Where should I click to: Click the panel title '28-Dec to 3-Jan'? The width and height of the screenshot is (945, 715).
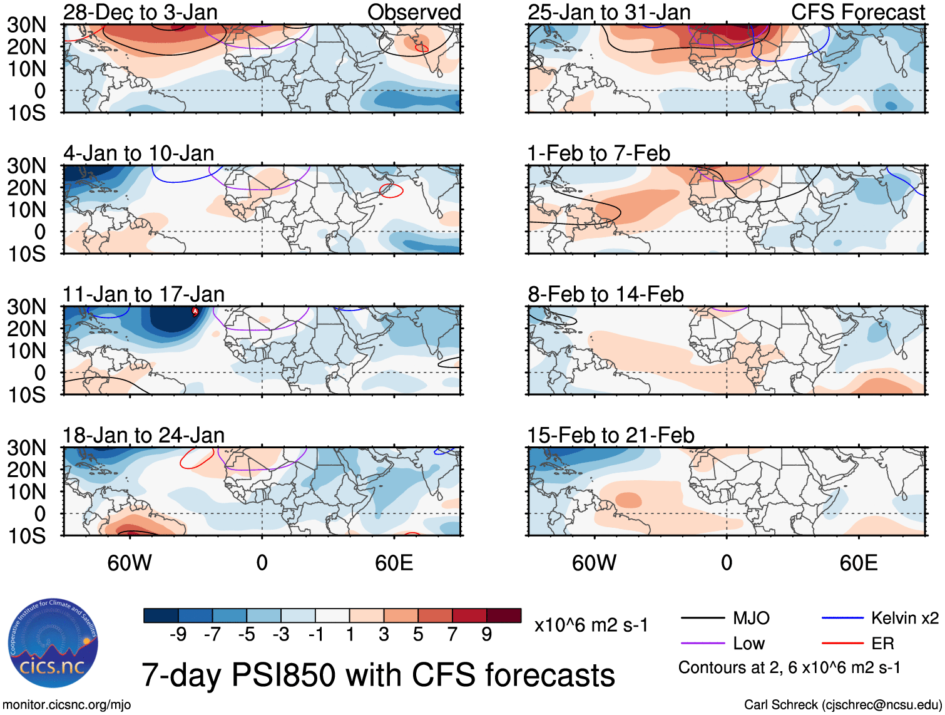click(x=140, y=12)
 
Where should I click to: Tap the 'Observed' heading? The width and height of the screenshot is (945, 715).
click(x=414, y=12)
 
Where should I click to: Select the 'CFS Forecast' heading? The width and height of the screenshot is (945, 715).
click(x=857, y=12)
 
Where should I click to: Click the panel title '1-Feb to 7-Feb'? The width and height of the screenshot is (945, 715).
click(x=598, y=153)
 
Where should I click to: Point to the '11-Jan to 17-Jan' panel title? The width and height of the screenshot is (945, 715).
click(x=143, y=294)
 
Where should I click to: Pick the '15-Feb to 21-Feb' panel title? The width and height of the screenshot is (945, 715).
click(x=610, y=435)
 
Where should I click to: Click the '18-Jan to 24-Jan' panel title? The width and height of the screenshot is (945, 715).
click(x=143, y=435)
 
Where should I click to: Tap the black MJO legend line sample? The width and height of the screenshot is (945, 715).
click(x=702, y=619)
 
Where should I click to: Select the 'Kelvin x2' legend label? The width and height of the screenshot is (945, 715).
click(x=904, y=619)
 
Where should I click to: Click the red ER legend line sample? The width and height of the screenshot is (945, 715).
click(x=842, y=643)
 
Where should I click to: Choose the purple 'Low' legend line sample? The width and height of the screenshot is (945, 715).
click(x=702, y=643)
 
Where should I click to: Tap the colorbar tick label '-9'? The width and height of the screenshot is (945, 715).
click(x=178, y=635)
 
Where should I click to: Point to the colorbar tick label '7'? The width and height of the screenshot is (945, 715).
click(x=452, y=635)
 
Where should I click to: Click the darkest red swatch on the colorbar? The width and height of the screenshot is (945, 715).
click(x=504, y=615)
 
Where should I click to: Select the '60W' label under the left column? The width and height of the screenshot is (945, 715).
click(x=130, y=563)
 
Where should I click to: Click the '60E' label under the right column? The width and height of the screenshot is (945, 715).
click(x=858, y=563)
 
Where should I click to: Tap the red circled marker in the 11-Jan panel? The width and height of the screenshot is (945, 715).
click(x=195, y=311)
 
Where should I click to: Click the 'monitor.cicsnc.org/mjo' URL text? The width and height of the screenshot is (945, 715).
click(x=67, y=705)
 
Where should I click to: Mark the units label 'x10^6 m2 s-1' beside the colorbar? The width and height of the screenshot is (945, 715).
click(x=591, y=625)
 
